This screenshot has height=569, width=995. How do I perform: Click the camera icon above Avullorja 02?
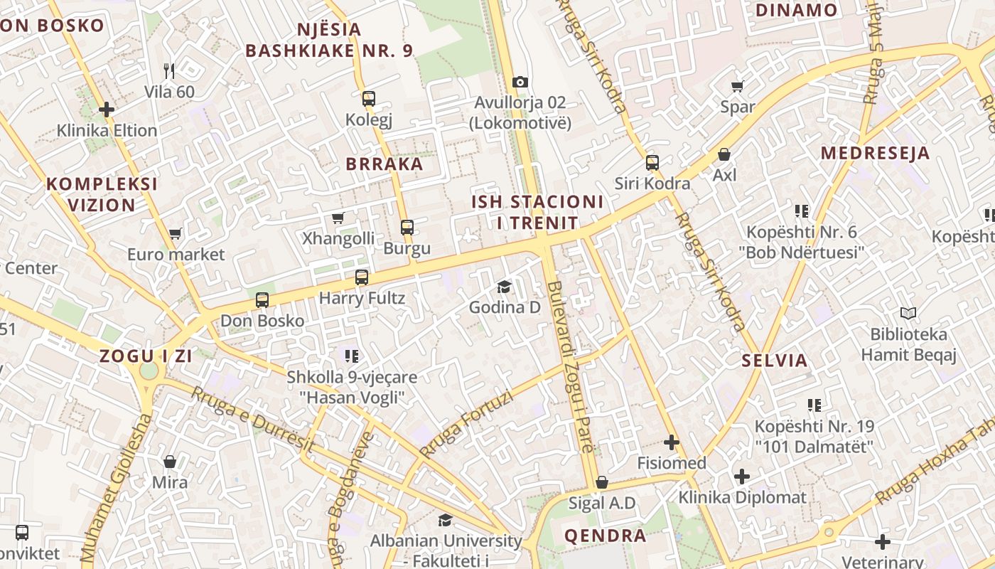pos(520,82)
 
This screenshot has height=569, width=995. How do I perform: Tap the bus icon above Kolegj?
pos(368,99)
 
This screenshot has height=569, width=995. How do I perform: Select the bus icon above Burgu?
pos(407,228)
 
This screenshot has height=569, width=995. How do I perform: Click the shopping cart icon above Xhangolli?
pos(338,218)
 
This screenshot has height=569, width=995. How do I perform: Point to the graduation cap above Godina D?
pos(504,287)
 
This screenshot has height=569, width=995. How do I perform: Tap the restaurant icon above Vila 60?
pos(169,70)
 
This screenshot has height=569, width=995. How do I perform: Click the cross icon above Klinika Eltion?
pos(107,110)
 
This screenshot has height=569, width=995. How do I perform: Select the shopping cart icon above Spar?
pos(737,86)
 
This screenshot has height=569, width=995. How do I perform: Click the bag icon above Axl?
pos(724,154)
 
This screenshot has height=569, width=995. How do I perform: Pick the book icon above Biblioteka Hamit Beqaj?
pos(908,313)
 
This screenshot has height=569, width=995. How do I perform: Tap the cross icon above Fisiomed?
pos(671,442)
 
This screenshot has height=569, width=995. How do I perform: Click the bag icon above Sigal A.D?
pos(602,483)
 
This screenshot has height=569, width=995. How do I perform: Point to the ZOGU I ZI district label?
pos(146,356)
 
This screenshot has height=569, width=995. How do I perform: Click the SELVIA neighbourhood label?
pos(775,360)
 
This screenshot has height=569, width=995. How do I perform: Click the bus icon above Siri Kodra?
pos(652,163)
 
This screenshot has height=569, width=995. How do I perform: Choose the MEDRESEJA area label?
pos(875,153)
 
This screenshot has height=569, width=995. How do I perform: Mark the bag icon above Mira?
pos(170,462)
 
